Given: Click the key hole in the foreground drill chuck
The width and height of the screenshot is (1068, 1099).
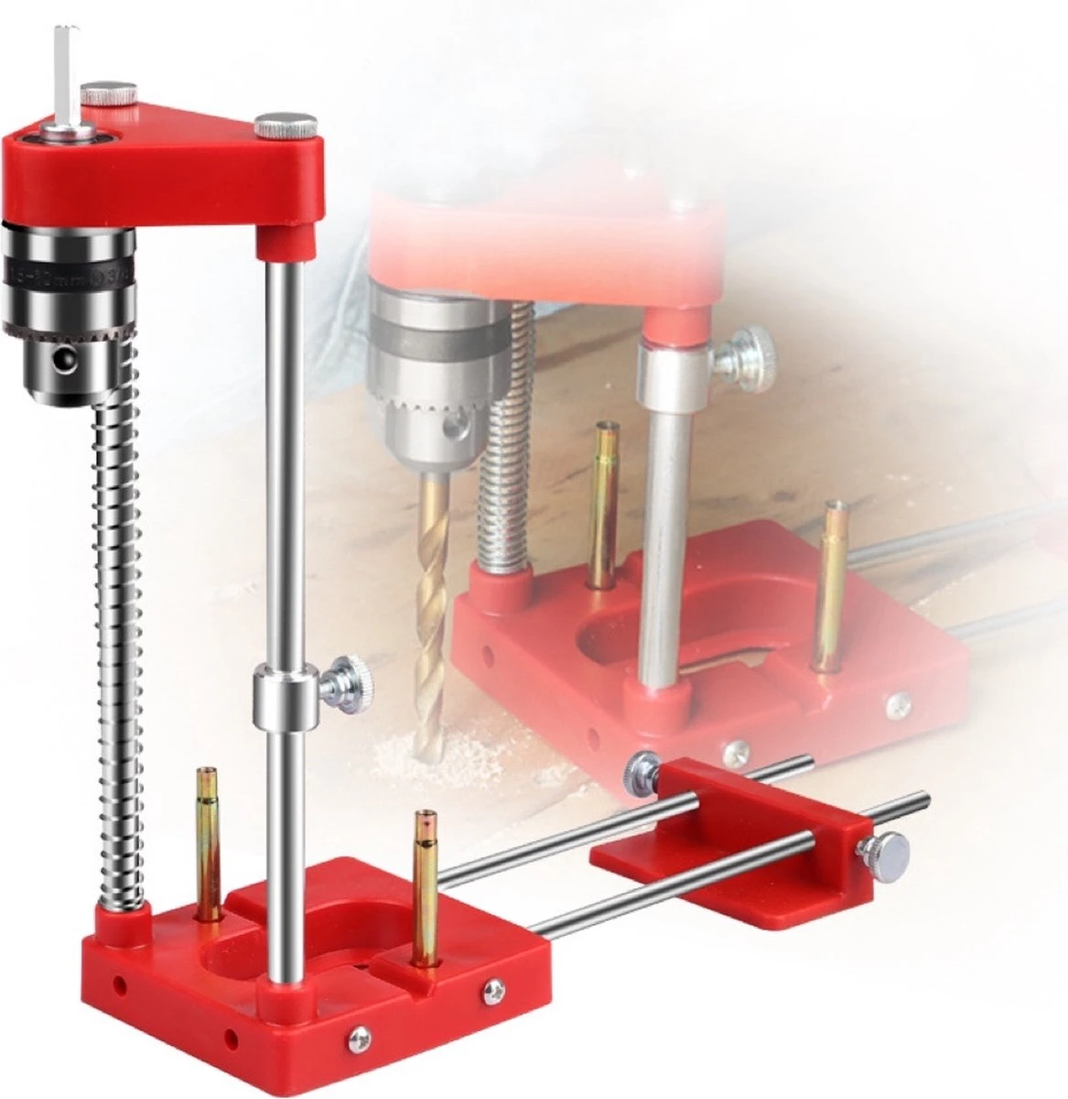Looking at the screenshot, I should (x=61, y=360).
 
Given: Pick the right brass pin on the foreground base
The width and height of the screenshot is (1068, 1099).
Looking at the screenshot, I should (x=424, y=888).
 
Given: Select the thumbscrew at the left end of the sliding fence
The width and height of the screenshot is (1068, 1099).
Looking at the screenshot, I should (x=640, y=771).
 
